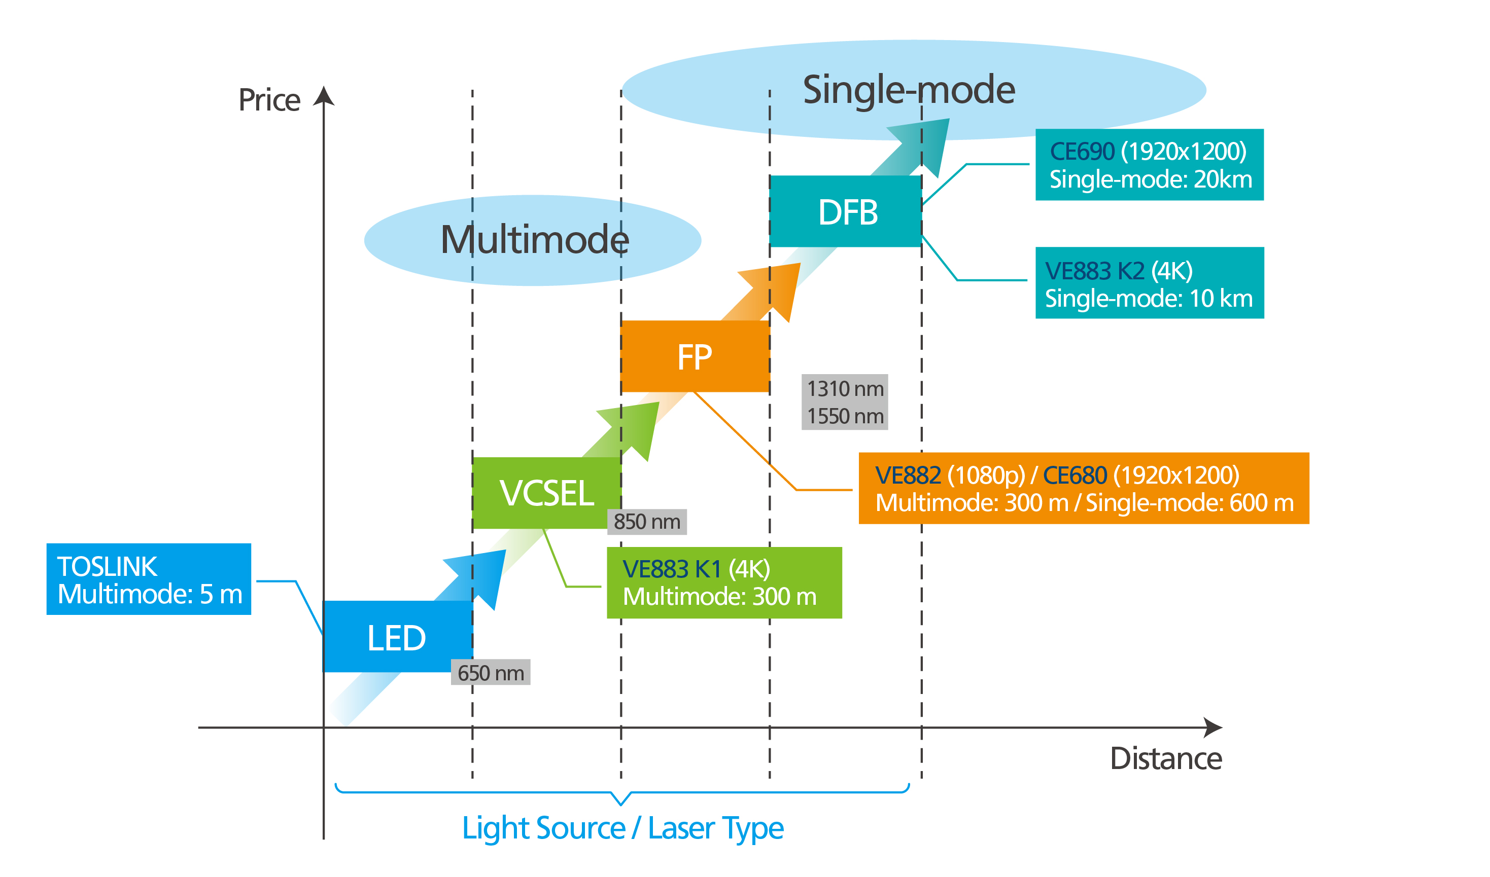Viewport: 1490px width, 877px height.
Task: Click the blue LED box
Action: pos(397,637)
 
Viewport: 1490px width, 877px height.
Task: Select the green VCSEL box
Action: pos(546,493)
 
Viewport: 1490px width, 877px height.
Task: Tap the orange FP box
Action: pos(695,356)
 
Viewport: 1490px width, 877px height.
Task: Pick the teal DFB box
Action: pos(846,211)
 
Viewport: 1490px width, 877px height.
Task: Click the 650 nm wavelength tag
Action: pos(490,673)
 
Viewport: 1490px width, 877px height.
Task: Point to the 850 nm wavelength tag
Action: pos(647,522)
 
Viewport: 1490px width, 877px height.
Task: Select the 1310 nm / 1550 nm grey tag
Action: pos(844,402)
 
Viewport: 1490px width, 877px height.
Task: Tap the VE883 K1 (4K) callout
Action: pos(724,582)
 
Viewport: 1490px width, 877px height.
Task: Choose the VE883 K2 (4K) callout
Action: pos(1149,283)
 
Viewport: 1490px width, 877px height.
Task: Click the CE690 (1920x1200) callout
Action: pos(1149,165)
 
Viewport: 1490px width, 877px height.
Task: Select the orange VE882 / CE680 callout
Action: pos(1083,488)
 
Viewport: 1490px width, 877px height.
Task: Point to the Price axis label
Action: pos(269,100)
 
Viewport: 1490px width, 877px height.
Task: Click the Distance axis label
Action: pos(1165,759)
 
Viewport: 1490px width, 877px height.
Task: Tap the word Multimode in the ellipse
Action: pos(535,240)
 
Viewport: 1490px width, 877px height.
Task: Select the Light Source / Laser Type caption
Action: pos(622,827)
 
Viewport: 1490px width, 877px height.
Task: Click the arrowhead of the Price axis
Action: pos(324,96)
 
